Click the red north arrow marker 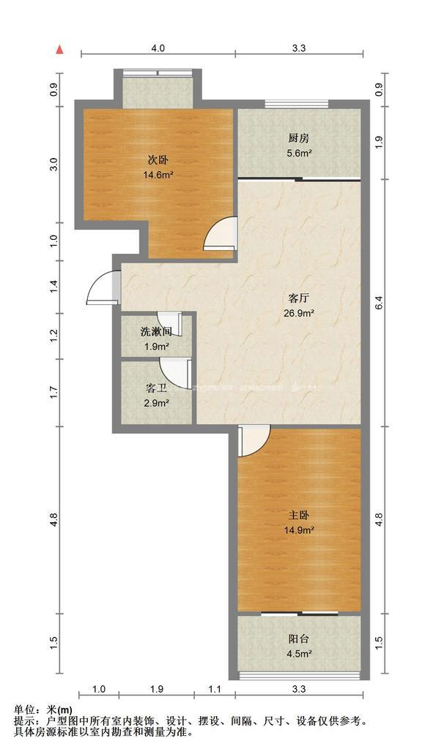click(x=61, y=49)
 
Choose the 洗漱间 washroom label click(x=156, y=332)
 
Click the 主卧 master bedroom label click(x=300, y=515)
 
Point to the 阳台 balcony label click(x=299, y=638)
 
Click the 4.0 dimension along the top click(x=158, y=48)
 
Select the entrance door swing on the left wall click(x=102, y=287)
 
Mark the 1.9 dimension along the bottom click(x=156, y=688)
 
